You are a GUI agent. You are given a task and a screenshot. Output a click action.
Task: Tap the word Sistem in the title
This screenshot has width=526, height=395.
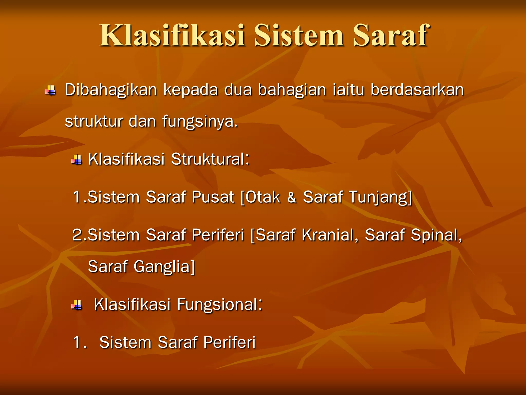tap(299, 35)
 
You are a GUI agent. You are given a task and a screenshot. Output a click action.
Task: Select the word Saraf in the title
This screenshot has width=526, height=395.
tap(390, 35)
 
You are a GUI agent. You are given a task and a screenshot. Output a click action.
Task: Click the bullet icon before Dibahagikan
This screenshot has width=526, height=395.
tap(50, 90)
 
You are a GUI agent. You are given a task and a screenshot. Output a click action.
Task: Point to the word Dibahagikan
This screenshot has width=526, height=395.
tap(111, 90)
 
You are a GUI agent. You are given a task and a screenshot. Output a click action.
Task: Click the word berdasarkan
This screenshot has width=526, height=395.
tap(417, 90)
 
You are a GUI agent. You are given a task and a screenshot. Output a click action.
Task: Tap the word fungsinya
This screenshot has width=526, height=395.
tap(200, 121)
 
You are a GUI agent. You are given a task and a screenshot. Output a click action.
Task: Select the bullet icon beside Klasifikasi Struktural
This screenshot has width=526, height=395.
tap(77, 160)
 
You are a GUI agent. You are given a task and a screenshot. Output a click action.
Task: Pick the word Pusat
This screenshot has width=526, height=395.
tap(213, 197)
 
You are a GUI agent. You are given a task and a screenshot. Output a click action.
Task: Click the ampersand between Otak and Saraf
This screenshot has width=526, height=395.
tap(292, 197)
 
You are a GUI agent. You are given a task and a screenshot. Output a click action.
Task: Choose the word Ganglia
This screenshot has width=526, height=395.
tap(163, 267)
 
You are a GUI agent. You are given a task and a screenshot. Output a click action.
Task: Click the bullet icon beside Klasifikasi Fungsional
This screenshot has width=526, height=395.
tap(77, 305)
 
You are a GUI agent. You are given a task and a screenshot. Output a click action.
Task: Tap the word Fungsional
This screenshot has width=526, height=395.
tap(219, 304)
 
